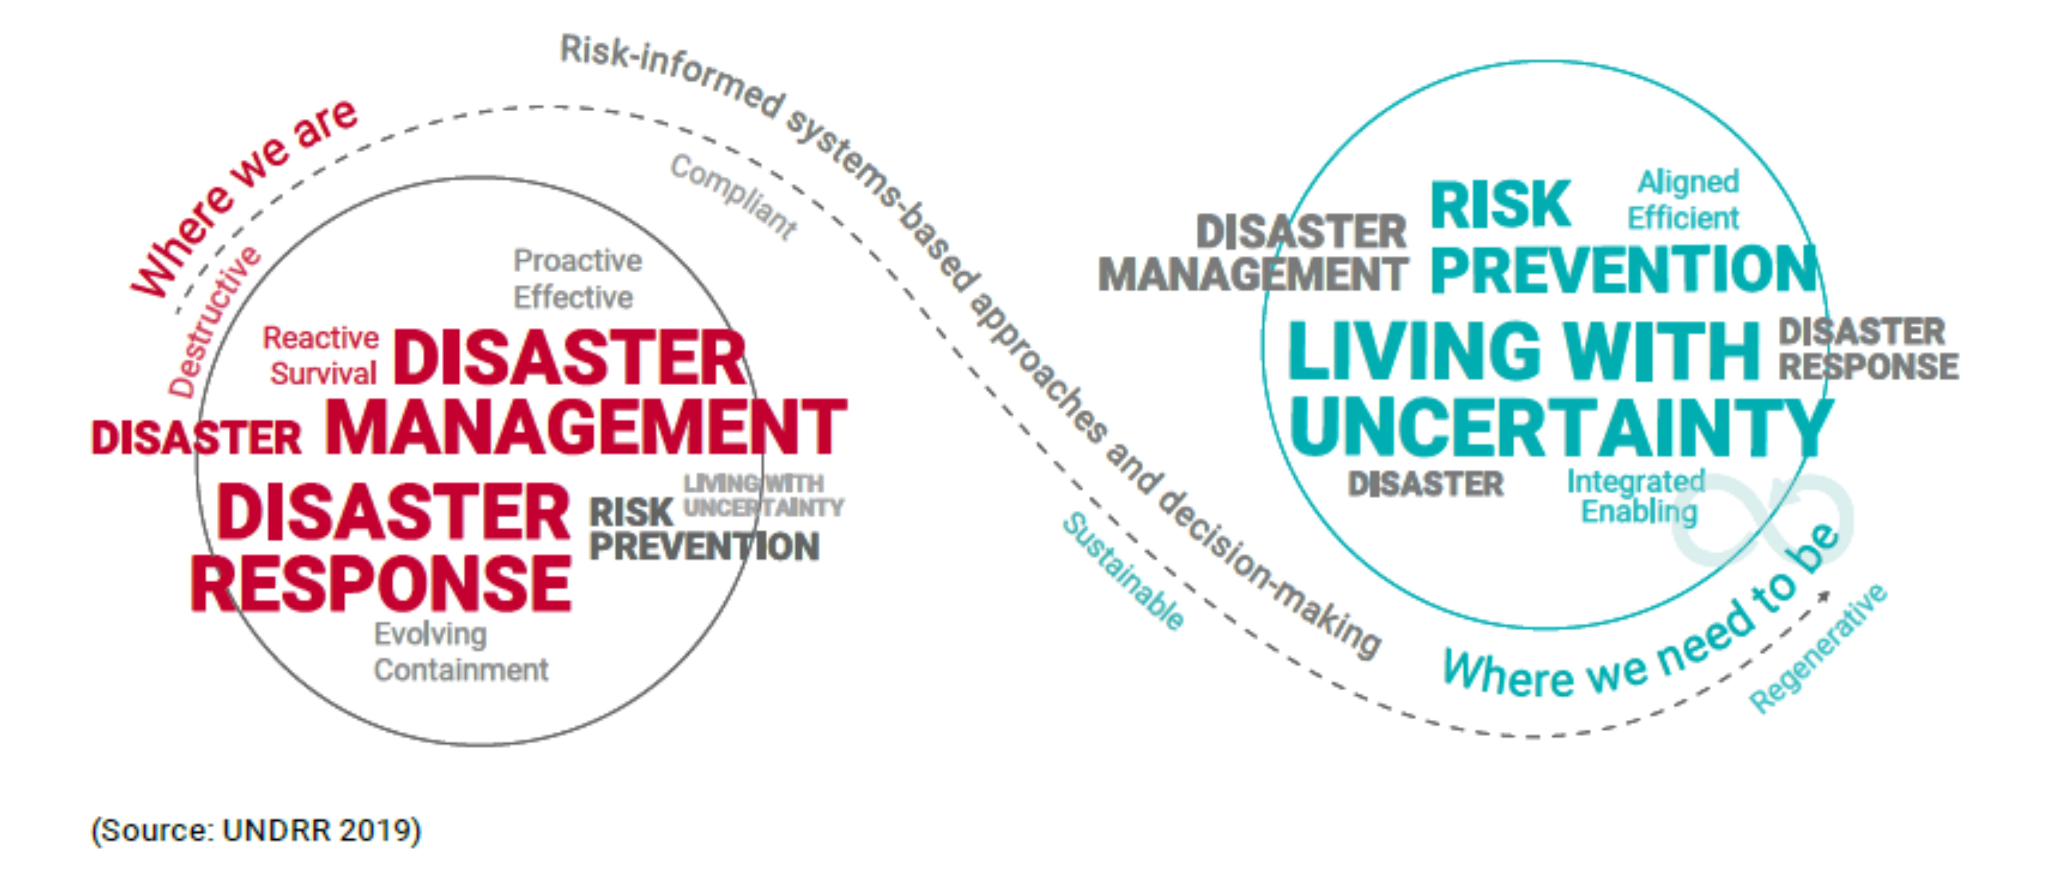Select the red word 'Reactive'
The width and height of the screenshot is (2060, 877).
(321, 338)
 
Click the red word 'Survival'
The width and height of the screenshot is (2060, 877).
(323, 373)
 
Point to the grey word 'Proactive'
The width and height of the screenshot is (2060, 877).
(577, 261)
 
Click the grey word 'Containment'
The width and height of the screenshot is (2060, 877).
(461, 670)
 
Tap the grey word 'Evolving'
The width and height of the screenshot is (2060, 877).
(430, 634)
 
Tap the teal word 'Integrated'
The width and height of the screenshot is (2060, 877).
(1635, 481)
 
